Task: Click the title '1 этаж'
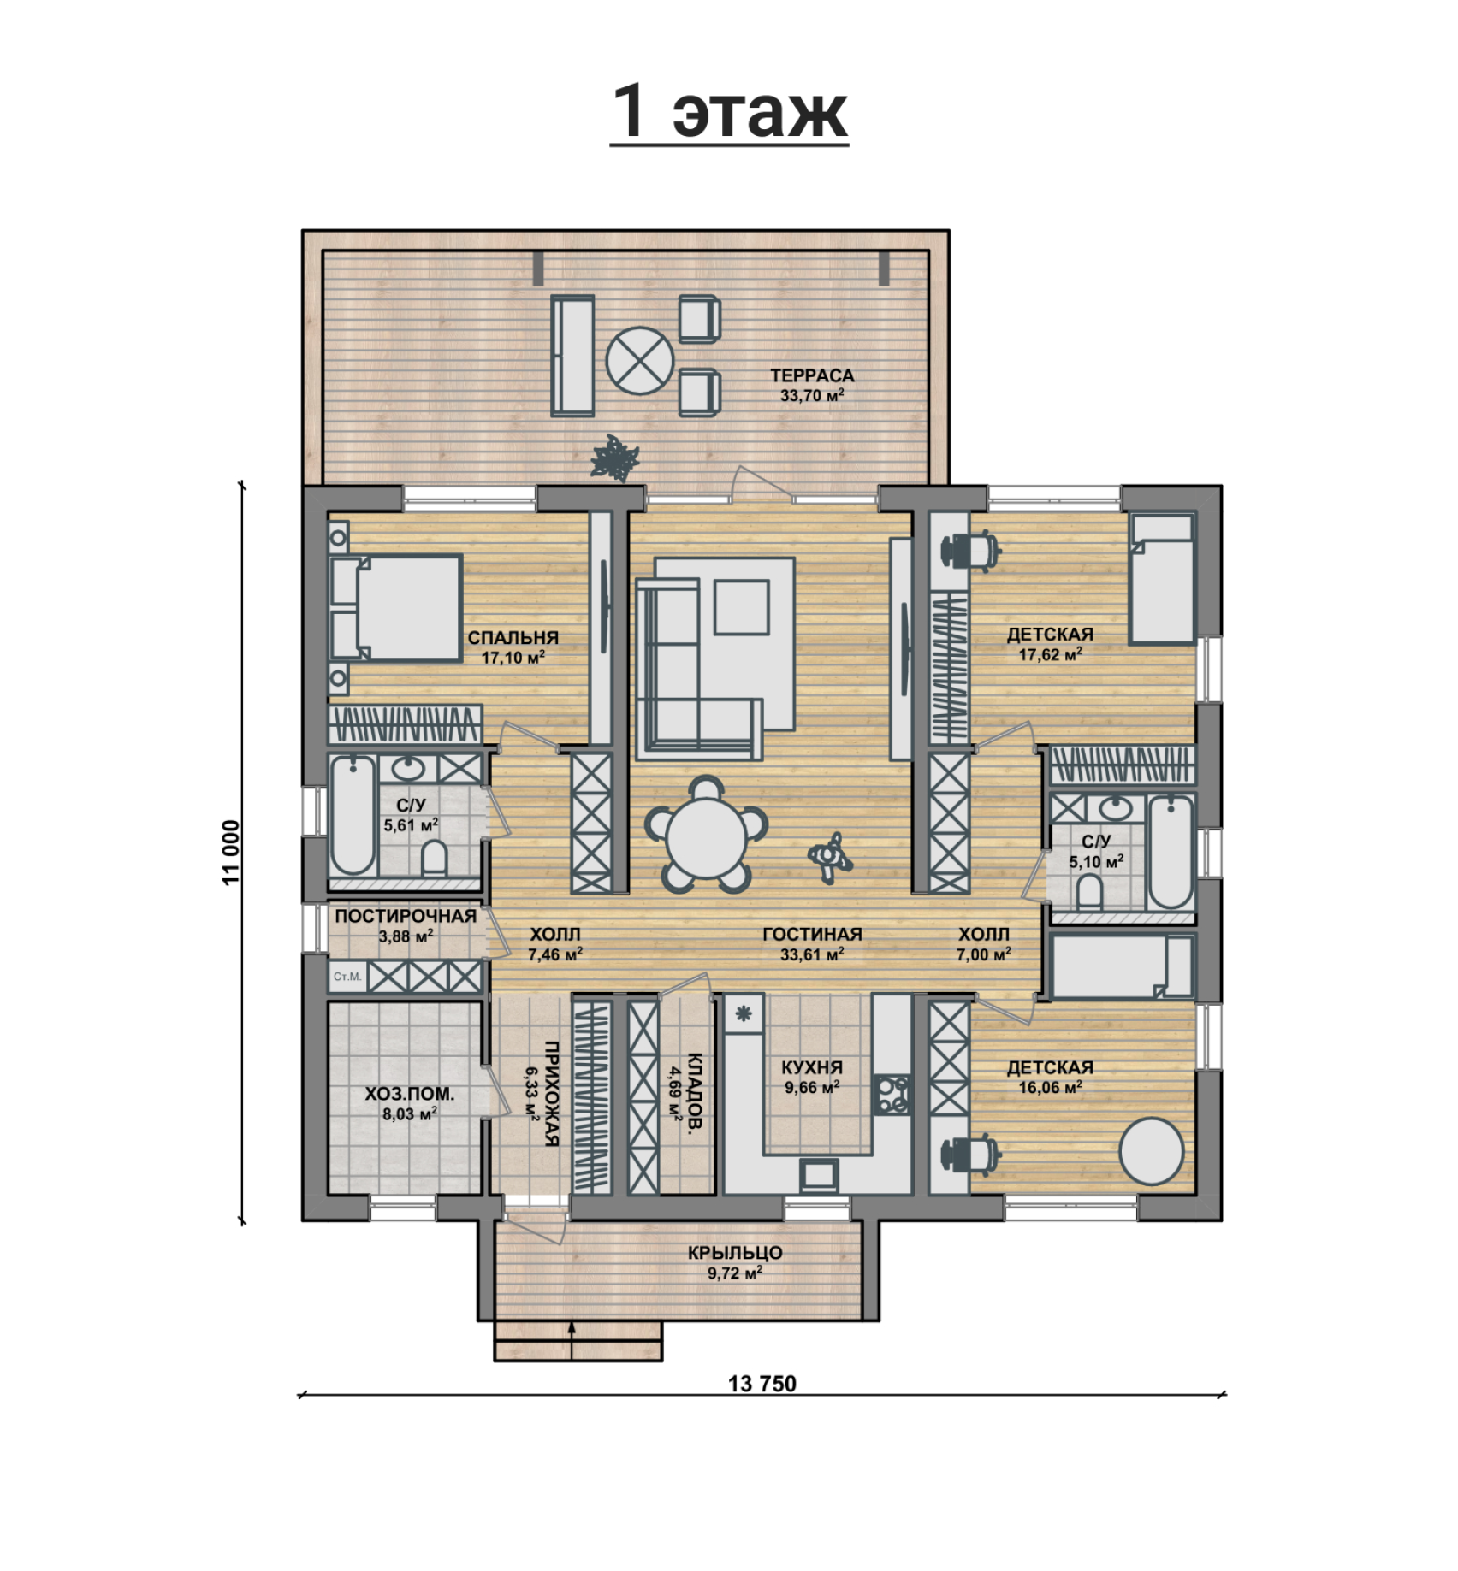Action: point(730,112)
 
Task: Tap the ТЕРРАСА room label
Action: point(812,375)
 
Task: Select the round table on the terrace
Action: point(639,361)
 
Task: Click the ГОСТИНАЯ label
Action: point(812,935)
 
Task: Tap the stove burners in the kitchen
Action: point(892,1096)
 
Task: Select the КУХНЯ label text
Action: point(812,1067)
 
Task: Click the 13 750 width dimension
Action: point(762,1383)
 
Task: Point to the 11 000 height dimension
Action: point(232,853)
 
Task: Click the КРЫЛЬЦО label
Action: point(735,1252)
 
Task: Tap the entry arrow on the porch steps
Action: point(571,1340)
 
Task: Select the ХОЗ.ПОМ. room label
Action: point(410,1094)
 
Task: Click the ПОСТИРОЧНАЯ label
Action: point(406,917)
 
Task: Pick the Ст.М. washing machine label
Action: point(347,976)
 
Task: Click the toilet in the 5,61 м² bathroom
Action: point(435,858)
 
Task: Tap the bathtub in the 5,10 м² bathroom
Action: point(1171,852)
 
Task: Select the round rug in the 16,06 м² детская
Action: point(1153,1151)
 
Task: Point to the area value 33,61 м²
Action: point(812,954)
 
